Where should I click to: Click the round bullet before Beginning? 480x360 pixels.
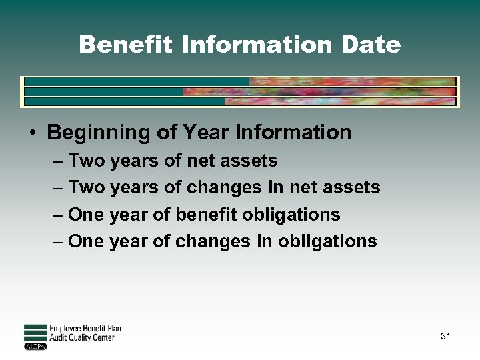point(33,133)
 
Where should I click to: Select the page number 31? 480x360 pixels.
point(445,336)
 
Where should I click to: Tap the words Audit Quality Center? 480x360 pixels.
point(82,338)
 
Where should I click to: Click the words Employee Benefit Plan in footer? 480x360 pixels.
point(85,329)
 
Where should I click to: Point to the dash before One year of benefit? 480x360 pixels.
point(58,215)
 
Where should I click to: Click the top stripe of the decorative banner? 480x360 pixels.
point(239,81)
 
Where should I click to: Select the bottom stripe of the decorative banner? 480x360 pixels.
point(239,102)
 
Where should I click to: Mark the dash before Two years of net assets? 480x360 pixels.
point(58,161)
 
